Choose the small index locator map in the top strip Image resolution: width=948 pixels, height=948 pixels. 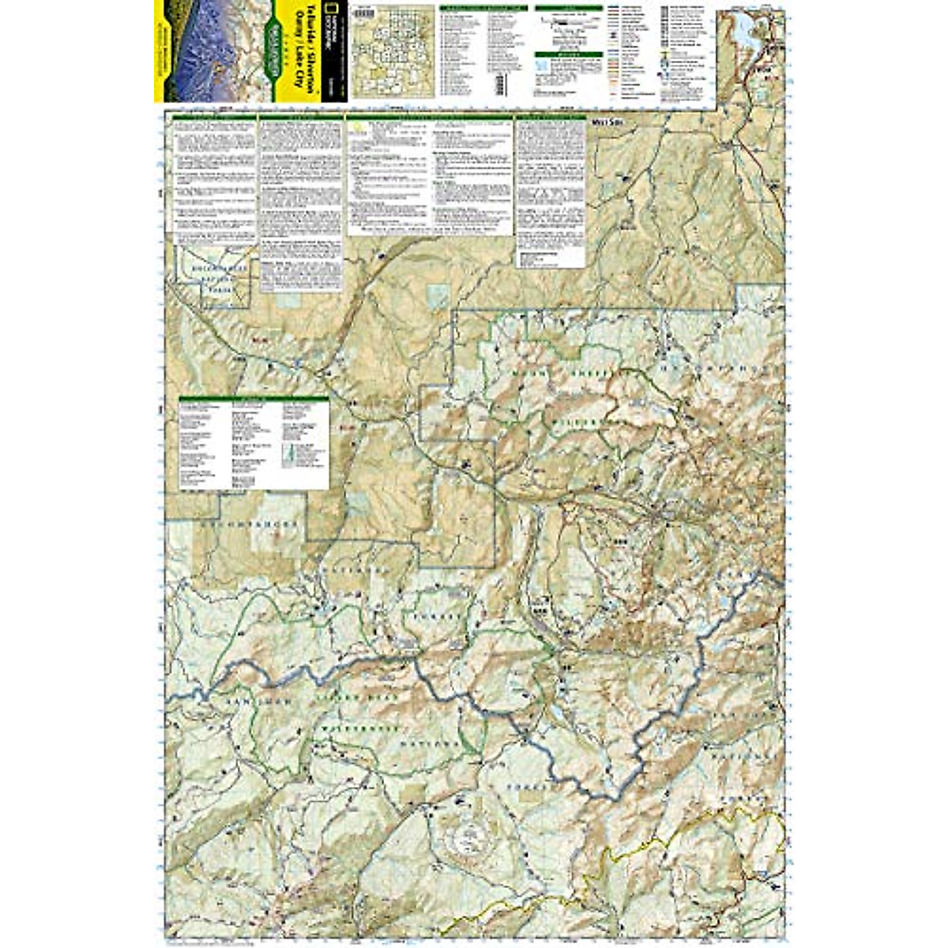click(x=393, y=51)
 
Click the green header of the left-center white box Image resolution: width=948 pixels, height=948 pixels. click(x=253, y=401)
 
